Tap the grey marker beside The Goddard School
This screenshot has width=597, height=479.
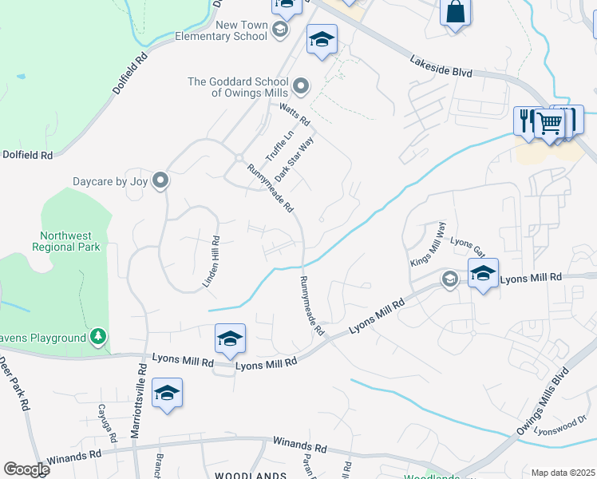301,85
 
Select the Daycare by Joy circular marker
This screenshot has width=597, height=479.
160,181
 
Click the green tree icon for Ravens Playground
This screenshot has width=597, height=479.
98,338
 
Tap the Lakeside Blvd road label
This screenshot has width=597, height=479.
441,65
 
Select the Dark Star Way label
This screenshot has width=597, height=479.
295,157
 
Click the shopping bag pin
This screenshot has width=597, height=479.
455,11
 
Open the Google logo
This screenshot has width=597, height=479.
26,469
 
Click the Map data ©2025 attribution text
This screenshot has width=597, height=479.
563,473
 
